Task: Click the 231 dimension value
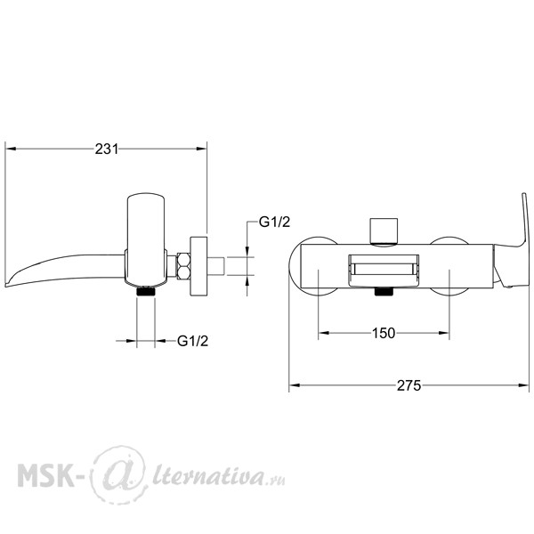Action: [107, 149]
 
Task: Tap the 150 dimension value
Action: [384, 333]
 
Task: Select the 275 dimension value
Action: [409, 385]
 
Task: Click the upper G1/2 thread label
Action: [274, 222]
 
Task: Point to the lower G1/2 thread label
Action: [192, 341]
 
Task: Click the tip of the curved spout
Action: [6, 285]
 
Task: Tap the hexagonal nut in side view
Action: [182, 266]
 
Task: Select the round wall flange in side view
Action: [198, 266]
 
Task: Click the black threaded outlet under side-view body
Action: [146, 292]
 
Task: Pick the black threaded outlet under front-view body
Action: [384, 292]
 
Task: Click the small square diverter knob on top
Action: [384, 231]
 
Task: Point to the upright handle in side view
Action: [146, 239]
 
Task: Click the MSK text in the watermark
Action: [45, 474]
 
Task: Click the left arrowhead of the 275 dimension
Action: [295, 385]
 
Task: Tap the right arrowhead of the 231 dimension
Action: [202, 149]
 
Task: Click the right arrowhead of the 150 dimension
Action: [444, 333]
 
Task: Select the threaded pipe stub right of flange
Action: [215, 266]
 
